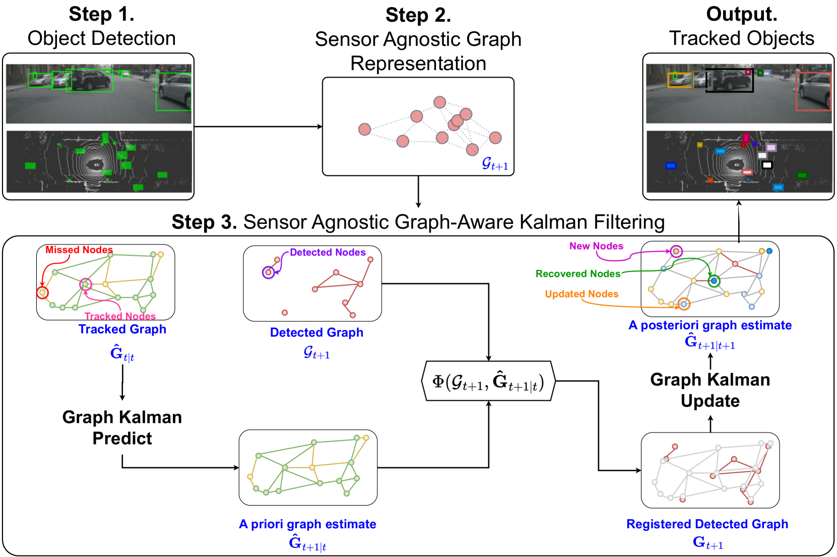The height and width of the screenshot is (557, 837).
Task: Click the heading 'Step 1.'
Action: click(101, 14)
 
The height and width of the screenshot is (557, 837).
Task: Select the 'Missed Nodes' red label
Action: click(79, 250)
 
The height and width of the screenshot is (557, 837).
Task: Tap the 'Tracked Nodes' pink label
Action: click(120, 316)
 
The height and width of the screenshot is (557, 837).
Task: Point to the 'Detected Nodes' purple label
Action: click(328, 253)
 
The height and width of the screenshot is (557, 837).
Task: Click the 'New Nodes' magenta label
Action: click(596, 246)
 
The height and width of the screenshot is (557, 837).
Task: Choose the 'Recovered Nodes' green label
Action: click(577, 274)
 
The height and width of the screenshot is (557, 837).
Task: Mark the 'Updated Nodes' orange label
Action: click(582, 294)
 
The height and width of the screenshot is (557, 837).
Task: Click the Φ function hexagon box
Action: click(488, 381)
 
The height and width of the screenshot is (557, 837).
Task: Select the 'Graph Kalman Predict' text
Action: click(122, 427)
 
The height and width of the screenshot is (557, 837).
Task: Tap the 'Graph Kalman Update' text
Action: click(710, 390)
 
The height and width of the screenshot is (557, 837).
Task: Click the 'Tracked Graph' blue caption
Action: click(122, 329)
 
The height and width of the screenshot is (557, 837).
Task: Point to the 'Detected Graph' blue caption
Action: click(316, 333)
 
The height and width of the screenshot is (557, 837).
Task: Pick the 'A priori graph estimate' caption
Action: click(307, 524)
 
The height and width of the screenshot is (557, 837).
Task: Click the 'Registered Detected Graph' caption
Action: click(707, 524)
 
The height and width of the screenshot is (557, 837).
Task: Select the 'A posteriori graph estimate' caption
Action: click(710, 325)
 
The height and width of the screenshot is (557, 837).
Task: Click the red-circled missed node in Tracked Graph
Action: click(42, 292)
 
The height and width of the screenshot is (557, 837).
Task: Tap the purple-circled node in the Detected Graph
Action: click(269, 272)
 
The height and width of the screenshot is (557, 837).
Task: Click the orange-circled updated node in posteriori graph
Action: click(683, 304)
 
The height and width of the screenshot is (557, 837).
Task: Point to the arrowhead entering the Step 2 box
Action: click(319, 127)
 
